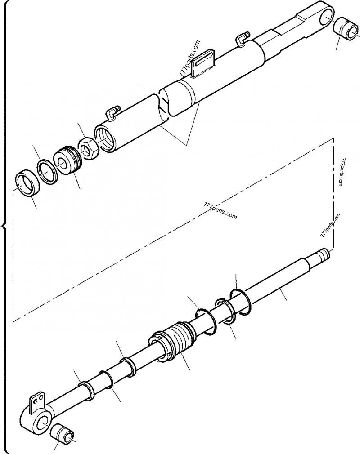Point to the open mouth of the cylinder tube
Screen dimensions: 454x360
click(105, 136)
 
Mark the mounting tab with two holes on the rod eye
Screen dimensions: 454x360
click(38, 401)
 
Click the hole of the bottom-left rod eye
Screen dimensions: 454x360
click(44, 422)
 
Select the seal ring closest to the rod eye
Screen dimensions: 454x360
click(86, 389)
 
